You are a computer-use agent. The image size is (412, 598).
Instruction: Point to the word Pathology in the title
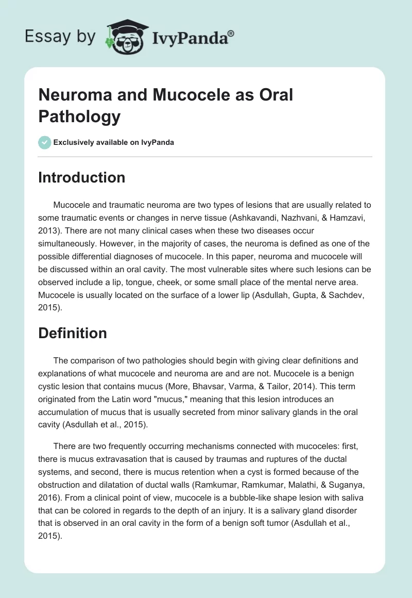tap(79, 116)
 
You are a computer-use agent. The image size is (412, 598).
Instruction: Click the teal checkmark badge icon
tap(45, 142)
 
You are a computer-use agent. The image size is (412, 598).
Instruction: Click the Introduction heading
tap(81, 177)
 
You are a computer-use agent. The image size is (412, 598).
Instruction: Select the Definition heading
tap(72, 333)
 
